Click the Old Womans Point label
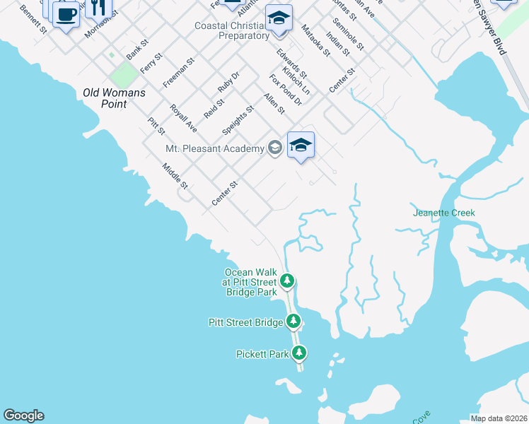(114, 98)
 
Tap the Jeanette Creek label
(444, 213)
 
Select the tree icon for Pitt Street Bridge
(294, 322)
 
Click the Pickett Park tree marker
(299, 353)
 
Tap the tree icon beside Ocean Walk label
(286, 281)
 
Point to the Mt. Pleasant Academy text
(214, 148)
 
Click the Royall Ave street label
(183, 118)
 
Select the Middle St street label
(175, 176)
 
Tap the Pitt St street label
(156, 126)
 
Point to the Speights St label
(238, 121)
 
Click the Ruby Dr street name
(229, 81)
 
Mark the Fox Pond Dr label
(285, 90)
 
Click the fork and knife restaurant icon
(99, 7)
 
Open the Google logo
(23, 416)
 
